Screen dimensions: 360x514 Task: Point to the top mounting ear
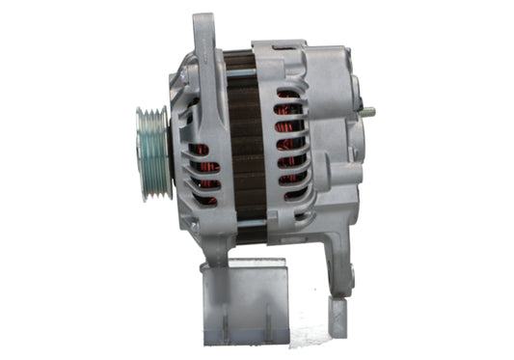[203, 39]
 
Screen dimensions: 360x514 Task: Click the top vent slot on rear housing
[287, 94]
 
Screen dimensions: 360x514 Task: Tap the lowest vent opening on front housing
[203, 199]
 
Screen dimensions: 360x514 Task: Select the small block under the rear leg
[338, 314]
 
